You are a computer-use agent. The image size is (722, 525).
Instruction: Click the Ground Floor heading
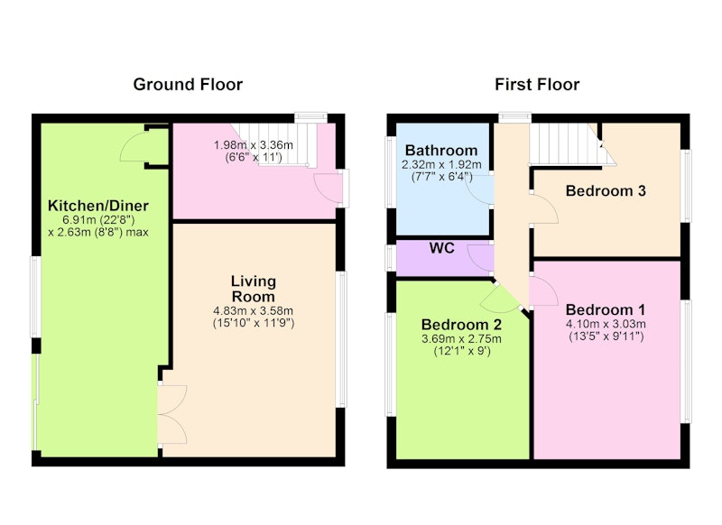(x=188, y=85)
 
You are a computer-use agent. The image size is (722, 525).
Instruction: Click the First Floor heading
(x=537, y=85)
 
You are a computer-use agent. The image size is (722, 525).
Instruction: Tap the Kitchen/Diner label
(x=98, y=205)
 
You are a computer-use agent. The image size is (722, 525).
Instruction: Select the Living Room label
(x=254, y=289)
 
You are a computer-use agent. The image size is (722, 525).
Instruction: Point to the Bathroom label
(x=441, y=151)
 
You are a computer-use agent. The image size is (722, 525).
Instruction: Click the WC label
(x=441, y=248)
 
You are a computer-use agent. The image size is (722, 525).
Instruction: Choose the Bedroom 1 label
(x=606, y=309)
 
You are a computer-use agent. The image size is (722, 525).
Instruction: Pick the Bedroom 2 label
(x=461, y=325)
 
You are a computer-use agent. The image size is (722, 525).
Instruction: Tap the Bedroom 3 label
(x=606, y=190)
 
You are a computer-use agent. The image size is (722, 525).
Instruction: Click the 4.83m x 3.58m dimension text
(x=254, y=311)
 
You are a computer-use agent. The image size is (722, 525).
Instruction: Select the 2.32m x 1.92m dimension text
(x=441, y=164)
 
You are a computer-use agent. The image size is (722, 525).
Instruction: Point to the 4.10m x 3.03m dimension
(x=606, y=324)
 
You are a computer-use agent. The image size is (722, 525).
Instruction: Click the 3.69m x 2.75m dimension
(x=461, y=339)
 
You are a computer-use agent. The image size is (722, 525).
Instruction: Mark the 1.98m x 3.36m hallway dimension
(x=254, y=145)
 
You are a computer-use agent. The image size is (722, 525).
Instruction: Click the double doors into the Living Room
(x=172, y=414)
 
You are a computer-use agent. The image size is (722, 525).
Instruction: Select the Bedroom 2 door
(x=501, y=299)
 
